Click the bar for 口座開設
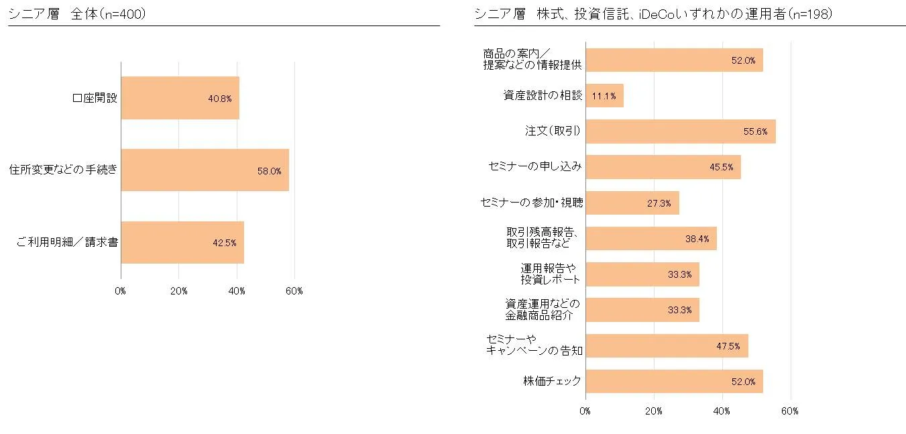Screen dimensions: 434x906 tap(180, 98)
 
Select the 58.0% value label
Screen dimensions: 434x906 tap(269, 171)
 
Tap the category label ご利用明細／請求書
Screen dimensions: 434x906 tap(66, 242)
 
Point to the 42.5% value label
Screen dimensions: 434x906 tap(224, 243)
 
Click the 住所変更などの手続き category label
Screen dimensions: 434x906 tap(64, 170)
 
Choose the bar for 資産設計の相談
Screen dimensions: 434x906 tap(604, 96)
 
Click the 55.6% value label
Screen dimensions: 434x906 tap(755, 132)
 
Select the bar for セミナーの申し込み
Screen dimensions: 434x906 tap(663, 167)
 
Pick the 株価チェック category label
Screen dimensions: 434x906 tap(552, 382)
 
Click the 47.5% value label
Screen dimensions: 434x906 tap(728, 346)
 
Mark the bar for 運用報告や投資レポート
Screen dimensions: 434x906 tap(642, 274)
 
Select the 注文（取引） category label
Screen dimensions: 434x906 tap(553, 131)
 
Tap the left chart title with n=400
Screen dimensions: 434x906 tap(77, 13)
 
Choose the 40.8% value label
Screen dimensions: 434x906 tap(219, 99)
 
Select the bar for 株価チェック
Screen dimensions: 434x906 tap(673, 381)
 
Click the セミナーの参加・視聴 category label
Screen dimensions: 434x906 tap(532, 203)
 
